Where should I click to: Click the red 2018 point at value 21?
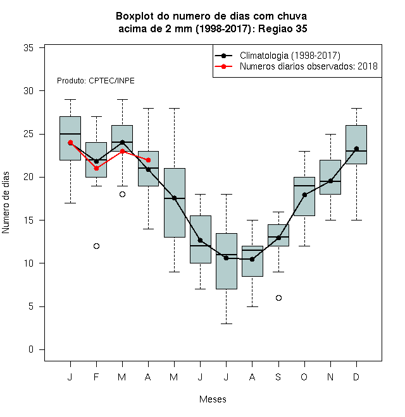96,168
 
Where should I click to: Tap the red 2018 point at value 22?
149,160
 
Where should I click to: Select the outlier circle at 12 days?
96,246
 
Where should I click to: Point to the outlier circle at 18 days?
122,195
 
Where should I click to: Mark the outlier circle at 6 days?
278,298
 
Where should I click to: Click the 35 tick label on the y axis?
28,48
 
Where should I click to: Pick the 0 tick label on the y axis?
31,349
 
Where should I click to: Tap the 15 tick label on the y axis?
28,221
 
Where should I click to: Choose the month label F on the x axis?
96,377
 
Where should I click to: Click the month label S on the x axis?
278,377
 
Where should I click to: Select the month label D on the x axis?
356,377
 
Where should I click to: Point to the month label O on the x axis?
304,377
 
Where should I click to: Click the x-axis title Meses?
213,399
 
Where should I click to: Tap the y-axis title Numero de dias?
6,203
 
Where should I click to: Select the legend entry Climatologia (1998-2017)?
290,56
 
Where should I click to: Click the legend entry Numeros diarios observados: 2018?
309,66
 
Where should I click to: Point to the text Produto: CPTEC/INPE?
96,81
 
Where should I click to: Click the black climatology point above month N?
331,181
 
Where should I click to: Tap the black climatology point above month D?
356,148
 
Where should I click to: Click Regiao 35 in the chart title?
283,28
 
